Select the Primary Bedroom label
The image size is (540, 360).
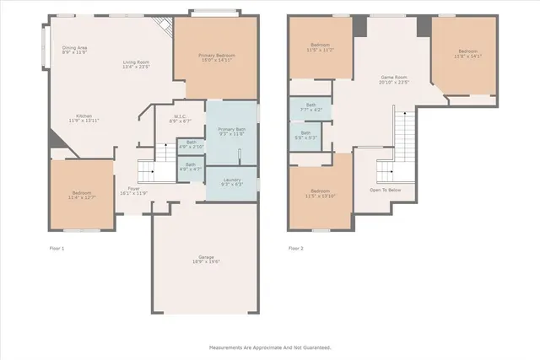216,56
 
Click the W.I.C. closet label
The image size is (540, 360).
180,117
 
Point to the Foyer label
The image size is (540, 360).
133,190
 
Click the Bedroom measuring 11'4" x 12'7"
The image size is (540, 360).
81,196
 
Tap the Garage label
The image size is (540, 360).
206,259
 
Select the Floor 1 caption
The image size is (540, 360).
57,249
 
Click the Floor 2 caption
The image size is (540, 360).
295,249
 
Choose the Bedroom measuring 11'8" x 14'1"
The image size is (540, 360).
467,54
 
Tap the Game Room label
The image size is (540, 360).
393,78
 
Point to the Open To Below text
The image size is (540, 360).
385,190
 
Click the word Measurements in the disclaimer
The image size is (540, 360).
227,347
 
